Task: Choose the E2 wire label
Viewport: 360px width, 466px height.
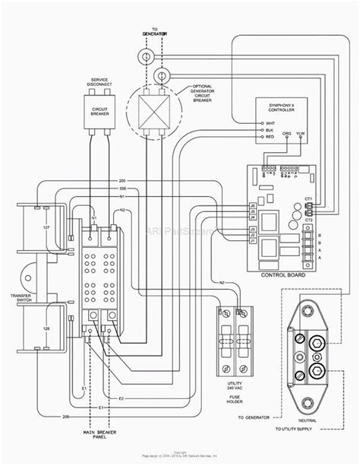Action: pos(121,398)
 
